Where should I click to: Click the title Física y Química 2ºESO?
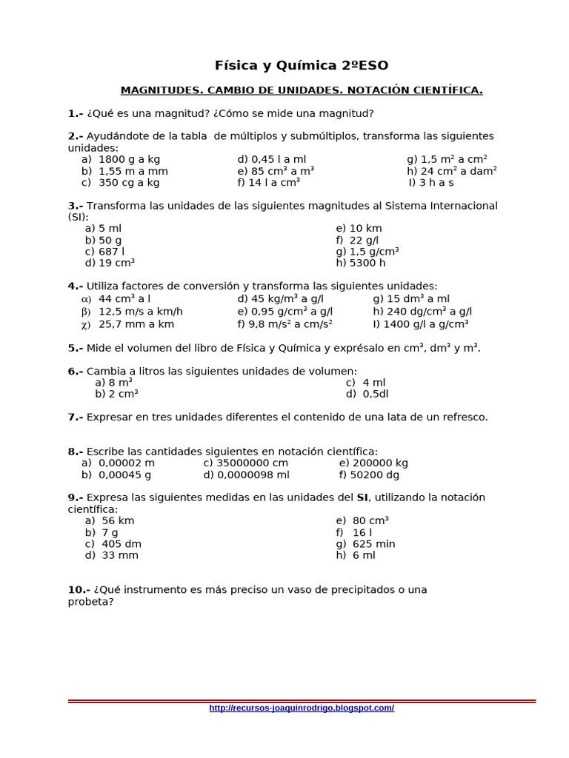coord(301,65)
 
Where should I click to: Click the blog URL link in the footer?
coord(302,708)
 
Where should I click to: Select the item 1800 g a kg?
coord(129,159)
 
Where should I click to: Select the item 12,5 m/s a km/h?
coord(140,312)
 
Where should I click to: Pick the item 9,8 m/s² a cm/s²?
coord(285,324)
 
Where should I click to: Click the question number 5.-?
coord(76,348)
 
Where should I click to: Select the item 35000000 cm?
coord(246,463)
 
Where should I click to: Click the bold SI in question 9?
coord(362,497)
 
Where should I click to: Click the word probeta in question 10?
coord(90,602)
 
